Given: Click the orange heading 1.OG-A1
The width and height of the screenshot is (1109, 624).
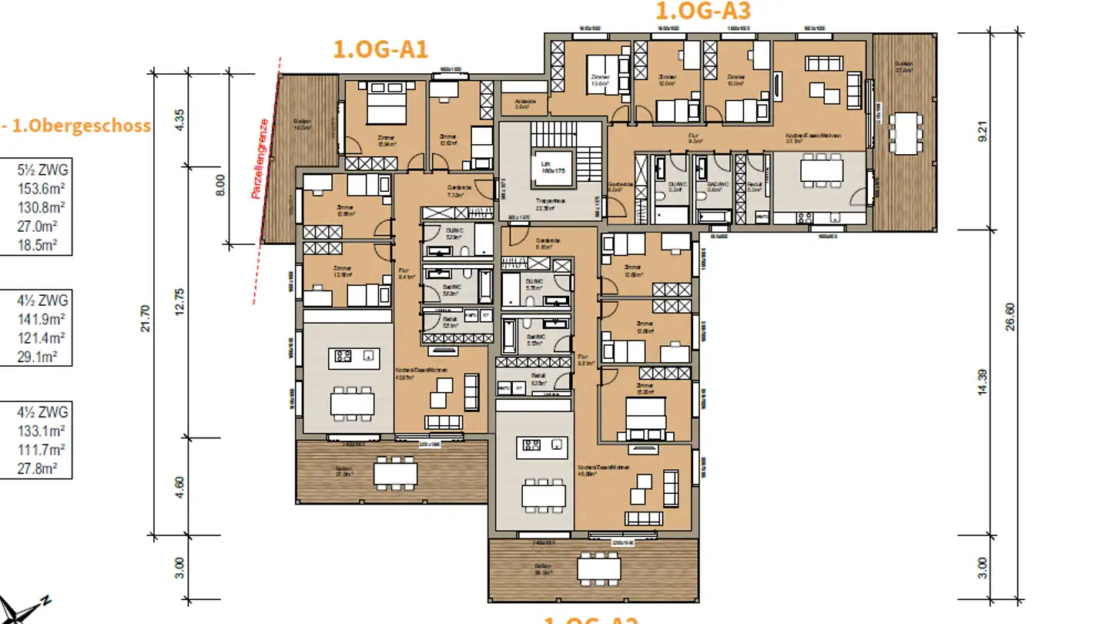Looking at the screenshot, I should tap(380, 49).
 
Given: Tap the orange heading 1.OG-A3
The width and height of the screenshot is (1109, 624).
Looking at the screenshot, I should tap(702, 11).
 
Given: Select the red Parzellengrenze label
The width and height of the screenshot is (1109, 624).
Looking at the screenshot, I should tap(263, 159).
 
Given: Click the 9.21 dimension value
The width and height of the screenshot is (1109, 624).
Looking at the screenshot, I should tap(981, 132).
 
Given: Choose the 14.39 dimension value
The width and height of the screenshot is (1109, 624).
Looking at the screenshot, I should tap(981, 383).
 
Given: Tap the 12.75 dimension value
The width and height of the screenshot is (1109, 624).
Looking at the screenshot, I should tap(179, 300).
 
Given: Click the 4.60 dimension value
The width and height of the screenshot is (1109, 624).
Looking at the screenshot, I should tap(179, 487).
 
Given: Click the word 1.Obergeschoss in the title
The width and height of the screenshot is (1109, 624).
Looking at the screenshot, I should tap(81, 126).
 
